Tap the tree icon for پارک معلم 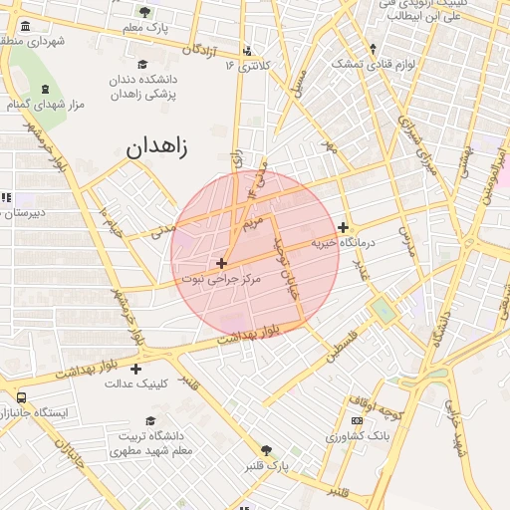tap(145, 12)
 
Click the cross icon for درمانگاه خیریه tap(343, 227)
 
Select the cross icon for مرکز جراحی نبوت tap(220, 264)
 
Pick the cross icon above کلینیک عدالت tap(135, 369)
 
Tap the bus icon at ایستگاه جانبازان tap(22, 397)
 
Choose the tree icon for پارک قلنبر tap(265, 450)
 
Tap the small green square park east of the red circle tap(383, 311)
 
